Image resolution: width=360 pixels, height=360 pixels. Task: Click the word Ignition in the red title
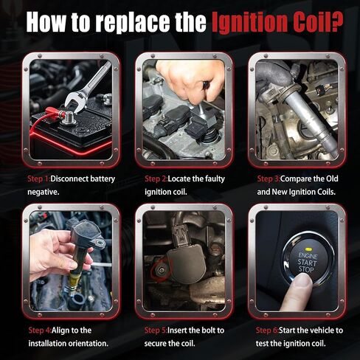[x=249, y=22]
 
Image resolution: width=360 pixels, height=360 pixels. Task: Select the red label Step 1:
[x=38, y=179]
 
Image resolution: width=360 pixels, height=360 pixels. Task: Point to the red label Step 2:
[x=156, y=179]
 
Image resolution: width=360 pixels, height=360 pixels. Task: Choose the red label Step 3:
[x=269, y=179]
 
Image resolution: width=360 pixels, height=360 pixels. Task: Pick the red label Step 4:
[x=40, y=330]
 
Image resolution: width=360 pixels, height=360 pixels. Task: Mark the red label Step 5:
[x=156, y=330]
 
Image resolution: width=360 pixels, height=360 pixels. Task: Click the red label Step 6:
[x=267, y=330]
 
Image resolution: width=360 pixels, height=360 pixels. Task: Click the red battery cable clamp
[x=55, y=113]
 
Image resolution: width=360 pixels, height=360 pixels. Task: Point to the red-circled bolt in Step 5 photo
[x=161, y=271]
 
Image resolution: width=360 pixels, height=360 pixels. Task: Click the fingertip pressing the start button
[x=302, y=281]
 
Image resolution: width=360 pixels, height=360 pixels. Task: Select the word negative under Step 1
[x=44, y=192]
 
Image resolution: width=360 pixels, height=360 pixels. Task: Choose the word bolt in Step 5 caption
[x=204, y=330]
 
